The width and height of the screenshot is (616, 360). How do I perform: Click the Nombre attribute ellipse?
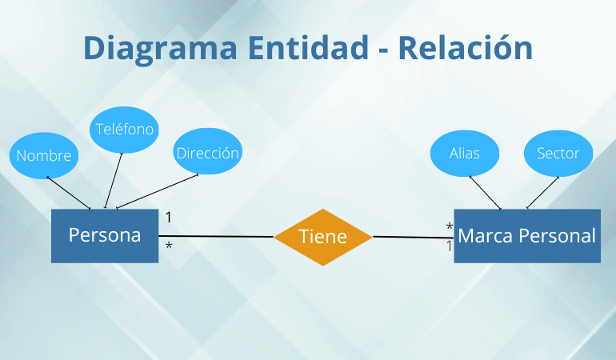tap(43, 155)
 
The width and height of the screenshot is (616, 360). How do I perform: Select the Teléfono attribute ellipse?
tap(123, 129)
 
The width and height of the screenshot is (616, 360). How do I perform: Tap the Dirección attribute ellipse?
tap(207, 152)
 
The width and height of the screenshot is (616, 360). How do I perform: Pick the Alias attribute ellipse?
tap(464, 152)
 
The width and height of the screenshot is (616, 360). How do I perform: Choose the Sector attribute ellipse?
tap(558, 152)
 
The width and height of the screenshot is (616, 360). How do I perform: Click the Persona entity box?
tap(105, 236)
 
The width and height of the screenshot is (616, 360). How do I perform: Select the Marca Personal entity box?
tap(526, 236)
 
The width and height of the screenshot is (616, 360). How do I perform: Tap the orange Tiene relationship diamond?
tap(322, 237)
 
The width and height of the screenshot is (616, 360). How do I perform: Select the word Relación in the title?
tap(465, 48)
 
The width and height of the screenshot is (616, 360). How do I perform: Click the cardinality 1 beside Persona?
tap(169, 217)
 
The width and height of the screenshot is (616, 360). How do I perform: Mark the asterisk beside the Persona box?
tap(169, 246)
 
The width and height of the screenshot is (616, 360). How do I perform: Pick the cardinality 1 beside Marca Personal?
tap(449, 247)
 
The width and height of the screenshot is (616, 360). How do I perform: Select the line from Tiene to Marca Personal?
tap(413, 237)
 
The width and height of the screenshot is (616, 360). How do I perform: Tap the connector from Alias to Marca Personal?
tap(485, 193)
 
